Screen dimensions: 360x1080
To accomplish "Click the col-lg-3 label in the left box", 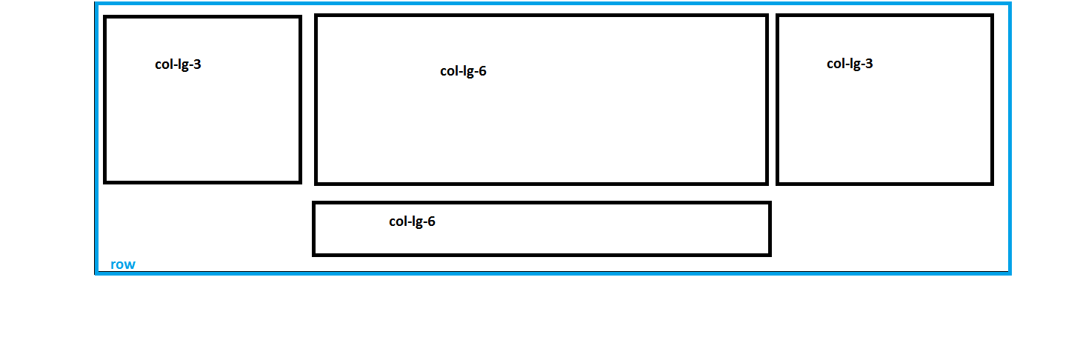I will click(178, 64).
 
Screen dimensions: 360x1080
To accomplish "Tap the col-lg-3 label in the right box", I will click(850, 64).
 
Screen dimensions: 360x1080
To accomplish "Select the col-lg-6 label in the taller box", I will click(463, 72).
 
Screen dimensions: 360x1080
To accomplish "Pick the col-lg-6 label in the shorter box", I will click(412, 221).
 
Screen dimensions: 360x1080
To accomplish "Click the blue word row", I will click(123, 265).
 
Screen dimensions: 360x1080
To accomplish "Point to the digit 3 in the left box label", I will click(197, 64).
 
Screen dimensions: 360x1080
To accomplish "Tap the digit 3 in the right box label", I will click(869, 64).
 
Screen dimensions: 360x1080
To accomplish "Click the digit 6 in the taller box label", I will click(482, 72).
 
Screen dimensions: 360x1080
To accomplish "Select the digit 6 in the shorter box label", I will click(431, 221).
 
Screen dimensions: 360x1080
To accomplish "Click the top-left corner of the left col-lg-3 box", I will click(105, 17).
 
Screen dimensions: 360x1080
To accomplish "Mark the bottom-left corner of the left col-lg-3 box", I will click(105, 181).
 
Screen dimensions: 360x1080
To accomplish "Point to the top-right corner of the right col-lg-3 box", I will click(992, 16).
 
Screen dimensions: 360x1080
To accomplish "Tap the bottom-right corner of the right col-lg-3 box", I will click(992, 183).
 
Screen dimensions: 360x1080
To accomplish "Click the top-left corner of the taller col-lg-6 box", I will click(316, 16).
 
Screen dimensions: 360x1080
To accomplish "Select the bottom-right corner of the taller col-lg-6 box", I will click(767, 183).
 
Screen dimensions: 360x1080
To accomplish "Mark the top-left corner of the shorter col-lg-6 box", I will click(314, 203).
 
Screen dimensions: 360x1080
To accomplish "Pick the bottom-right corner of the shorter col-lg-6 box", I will click(770, 255).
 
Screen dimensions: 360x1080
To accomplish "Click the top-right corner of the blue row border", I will click(1010, 4).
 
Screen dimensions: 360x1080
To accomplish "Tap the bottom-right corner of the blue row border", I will click(1010, 273).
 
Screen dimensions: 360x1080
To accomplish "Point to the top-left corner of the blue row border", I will click(96, 4).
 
